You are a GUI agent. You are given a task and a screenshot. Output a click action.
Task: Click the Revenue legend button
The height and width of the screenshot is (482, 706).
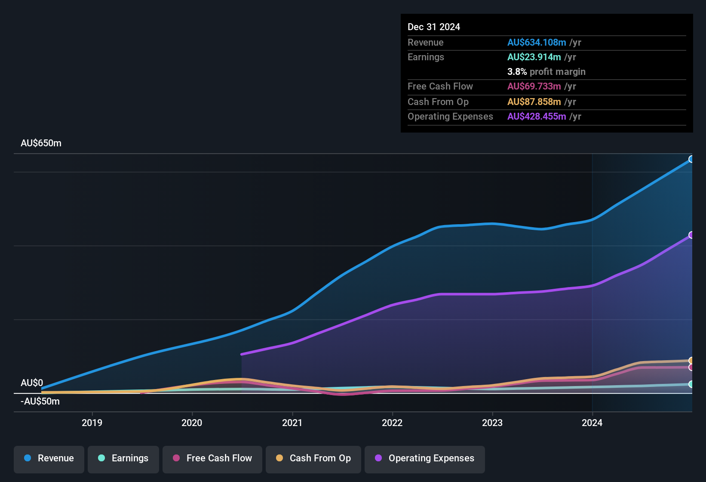[x=49, y=458]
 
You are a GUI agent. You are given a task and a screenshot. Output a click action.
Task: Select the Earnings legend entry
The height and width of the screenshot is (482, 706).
[x=123, y=458]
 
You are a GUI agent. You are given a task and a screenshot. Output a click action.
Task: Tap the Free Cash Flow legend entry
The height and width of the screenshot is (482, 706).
[x=212, y=458]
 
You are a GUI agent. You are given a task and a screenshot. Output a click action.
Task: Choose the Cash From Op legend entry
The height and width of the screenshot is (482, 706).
[x=313, y=458]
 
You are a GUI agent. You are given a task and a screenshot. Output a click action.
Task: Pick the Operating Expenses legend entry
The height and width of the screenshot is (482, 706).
[x=425, y=458]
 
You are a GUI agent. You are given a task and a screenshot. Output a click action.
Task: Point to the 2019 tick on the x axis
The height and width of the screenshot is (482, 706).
[x=92, y=423]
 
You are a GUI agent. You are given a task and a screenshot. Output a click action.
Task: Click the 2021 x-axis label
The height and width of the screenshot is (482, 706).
[x=292, y=423]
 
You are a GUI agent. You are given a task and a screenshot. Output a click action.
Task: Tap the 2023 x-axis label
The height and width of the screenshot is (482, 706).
[x=492, y=423]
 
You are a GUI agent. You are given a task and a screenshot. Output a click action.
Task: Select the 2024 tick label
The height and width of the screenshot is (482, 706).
[x=592, y=423]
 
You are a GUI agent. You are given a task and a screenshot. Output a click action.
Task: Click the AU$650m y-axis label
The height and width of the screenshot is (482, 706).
[x=41, y=143]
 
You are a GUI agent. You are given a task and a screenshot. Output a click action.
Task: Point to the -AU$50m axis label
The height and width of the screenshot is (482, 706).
[x=40, y=402]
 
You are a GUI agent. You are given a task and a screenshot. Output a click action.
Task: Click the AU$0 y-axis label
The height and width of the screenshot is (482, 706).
[x=32, y=383]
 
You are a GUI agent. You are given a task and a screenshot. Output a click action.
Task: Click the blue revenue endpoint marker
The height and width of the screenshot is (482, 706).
[x=691, y=159]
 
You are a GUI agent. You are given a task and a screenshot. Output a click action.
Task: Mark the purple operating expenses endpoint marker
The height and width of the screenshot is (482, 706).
[x=691, y=235]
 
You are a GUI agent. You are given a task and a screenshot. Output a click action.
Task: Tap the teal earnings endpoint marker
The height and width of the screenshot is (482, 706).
[x=691, y=384]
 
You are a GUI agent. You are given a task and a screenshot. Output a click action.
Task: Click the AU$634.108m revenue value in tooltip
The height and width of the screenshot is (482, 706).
[x=536, y=43]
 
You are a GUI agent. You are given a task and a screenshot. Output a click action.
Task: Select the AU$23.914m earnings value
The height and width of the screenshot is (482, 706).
[x=534, y=57]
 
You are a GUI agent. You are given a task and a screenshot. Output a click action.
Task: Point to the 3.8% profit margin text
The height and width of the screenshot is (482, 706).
[x=546, y=72]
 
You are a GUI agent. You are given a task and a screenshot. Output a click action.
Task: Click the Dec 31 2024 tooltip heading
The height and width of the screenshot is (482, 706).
[x=433, y=27]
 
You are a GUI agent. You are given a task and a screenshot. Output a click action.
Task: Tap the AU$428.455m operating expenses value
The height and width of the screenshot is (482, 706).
[x=536, y=117]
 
